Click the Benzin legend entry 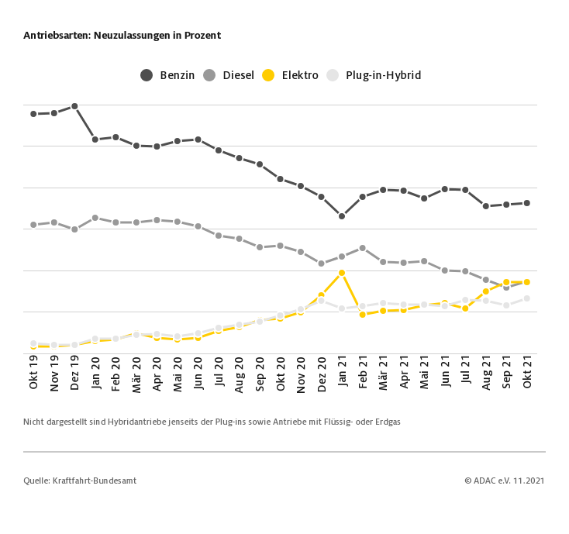tap(167, 75)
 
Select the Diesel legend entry tap(229, 75)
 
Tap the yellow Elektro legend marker tap(268, 75)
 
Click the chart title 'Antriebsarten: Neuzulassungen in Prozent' tap(122, 36)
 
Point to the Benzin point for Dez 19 tap(74, 106)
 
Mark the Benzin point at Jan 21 tap(342, 216)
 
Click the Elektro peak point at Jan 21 tap(342, 273)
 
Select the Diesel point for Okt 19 tap(33, 225)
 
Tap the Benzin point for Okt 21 tap(527, 203)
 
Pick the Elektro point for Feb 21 tap(362, 315)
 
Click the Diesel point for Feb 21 tap(362, 248)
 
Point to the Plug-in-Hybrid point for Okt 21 tap(527, 298)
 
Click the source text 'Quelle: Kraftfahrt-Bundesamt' tap(80, 481)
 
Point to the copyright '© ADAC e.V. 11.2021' tap(504, 481)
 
